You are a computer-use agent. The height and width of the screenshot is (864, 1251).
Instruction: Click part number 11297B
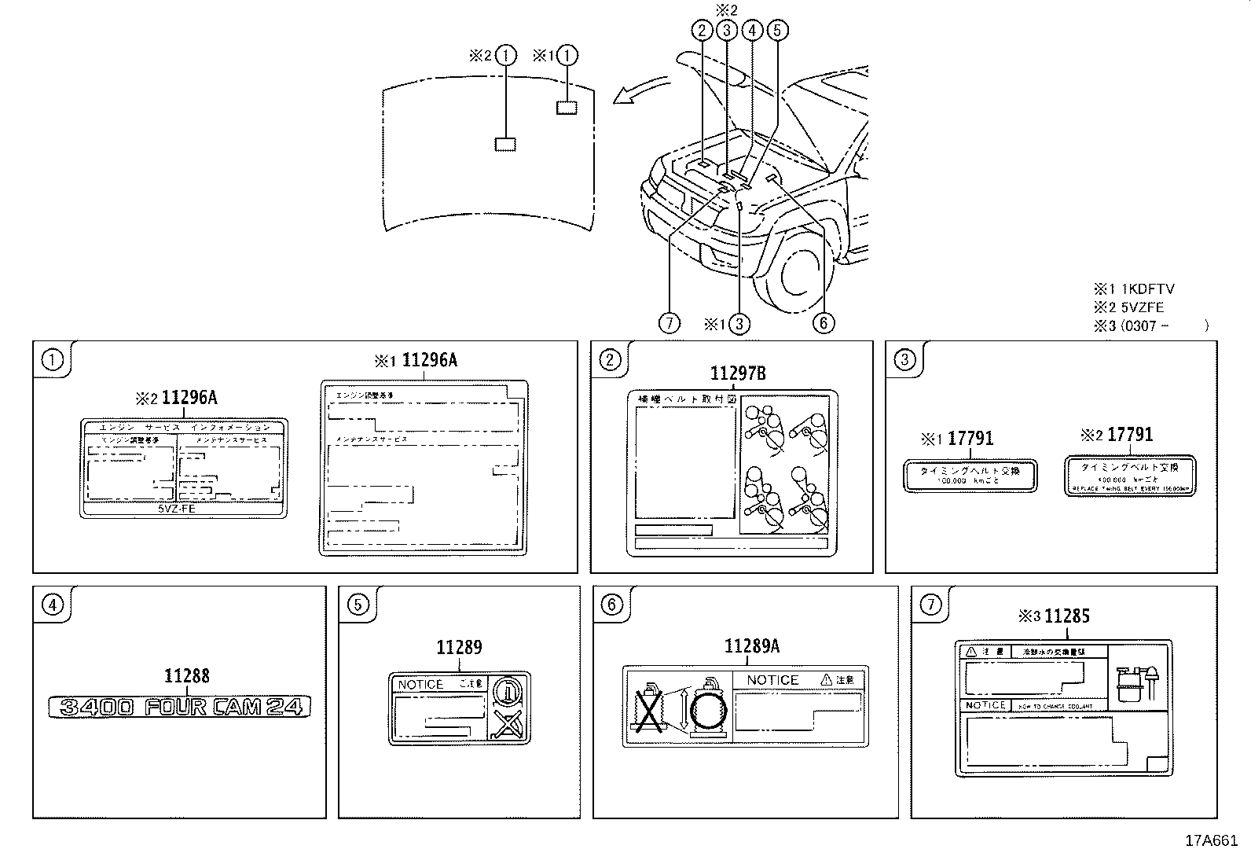pyautogui.click(x=737, y=373)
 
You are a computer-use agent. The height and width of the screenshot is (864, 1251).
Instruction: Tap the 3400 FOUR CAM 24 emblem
pyautogui.click(x=179, y=707)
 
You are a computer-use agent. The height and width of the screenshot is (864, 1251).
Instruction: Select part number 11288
pyautogui.click(x=187, y=676)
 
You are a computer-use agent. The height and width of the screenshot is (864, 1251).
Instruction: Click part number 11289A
pyautogui.click(x=751, y=646)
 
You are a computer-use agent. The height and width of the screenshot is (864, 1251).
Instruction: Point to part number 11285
pyautogui.click(x=1066, y=616)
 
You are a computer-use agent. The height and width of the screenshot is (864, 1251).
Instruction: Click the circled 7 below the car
pyautogui.click(x=669, y=323)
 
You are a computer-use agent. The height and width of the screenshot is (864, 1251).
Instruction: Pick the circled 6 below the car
pyautogui.click(x=823, y=323)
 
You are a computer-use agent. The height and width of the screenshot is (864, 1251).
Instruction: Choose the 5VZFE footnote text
pyautogui.click(x=1143, y=307)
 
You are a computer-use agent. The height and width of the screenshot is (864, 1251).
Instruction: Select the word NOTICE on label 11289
pyautogui.click(x=420, y=685)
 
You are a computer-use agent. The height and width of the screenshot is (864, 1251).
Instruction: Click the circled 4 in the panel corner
pyautogui.click(x=52, y=605)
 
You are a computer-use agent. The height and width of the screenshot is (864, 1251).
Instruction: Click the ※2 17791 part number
pyautogui.click(x=1129, y=435)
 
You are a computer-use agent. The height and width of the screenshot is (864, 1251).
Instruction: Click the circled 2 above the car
pyautogui.click(x=701, y=31)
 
